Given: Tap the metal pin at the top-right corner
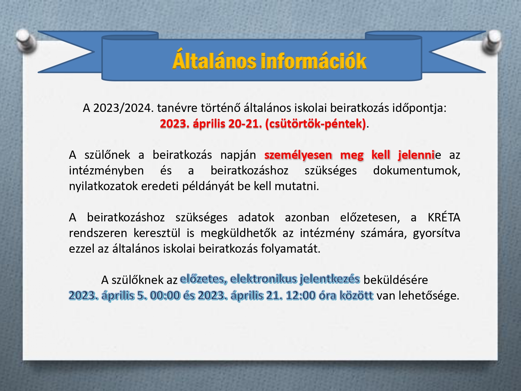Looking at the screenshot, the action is [492, 41].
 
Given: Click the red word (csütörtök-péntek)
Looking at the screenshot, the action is [315, 124].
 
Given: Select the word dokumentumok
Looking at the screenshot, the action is [417, 170].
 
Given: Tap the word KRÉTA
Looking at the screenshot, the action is [444, 217].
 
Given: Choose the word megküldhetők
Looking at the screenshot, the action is [238, 233].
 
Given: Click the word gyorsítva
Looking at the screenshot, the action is [437, 233].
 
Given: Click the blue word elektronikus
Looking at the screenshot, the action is [264, 279].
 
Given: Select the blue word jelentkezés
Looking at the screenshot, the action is [330, 279].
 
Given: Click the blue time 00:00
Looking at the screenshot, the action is [165, 296].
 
